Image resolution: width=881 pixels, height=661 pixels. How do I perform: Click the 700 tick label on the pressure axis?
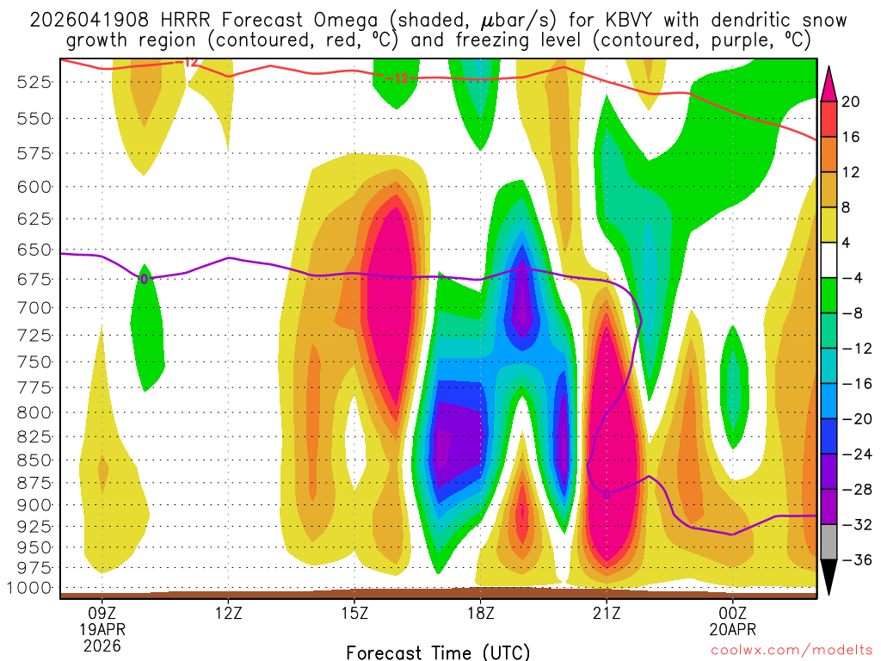[x=34, y=307]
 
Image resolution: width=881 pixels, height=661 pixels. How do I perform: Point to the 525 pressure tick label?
[x=34, y=82]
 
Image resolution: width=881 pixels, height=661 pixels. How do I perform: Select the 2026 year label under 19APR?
[x=102, y=646]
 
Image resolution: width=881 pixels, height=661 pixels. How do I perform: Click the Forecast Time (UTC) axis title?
[x=438, y=652]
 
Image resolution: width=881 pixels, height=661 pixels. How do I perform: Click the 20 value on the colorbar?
[x=850, y=102]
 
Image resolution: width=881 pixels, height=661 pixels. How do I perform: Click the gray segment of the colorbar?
[x=829, y=542]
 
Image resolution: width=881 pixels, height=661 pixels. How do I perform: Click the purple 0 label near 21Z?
[x=606, y=494]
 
